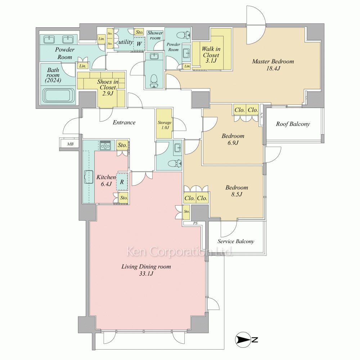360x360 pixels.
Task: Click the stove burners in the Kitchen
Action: [105, 145]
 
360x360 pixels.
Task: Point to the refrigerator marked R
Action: [122, 181]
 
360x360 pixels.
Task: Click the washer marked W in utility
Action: [139, 44]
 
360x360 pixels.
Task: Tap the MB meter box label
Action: [70, 144]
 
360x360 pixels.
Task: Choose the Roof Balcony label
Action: [293, 124]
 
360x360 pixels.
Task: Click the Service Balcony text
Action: [236, 241]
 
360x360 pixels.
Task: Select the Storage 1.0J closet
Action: [164, 123]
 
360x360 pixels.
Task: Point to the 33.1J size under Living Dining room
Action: [146, 274]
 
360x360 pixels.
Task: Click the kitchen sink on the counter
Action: [89, 177]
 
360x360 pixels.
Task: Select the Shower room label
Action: [155, 35]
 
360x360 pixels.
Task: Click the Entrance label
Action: [124, 122]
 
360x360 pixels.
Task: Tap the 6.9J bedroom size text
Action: [233, 143]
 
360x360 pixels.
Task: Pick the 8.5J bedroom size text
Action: [237, 194]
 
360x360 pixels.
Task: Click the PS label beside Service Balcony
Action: [195, 223]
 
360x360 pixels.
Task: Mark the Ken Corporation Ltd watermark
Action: [179, 252]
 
